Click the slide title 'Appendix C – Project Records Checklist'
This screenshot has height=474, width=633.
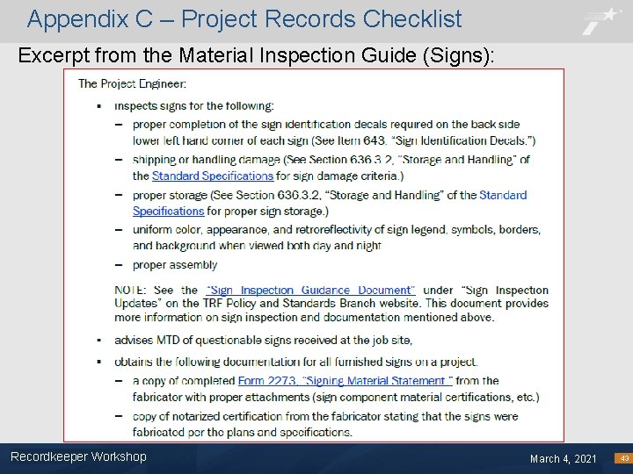pos(244,18)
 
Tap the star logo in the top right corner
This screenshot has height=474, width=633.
pos(602,20)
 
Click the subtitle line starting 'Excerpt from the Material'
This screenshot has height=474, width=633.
pos(256,56)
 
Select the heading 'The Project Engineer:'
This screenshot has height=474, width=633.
pos(132,84)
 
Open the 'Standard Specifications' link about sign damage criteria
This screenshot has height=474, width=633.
pos(212,176)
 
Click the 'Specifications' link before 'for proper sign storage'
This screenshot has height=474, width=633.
pos(169,212)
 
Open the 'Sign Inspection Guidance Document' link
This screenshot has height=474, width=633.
pos(309,291)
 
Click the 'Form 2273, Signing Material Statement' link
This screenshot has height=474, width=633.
pos(345,381)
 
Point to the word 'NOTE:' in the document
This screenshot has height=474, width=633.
pos(132,291)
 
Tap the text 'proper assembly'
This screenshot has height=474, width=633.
pos(175,265)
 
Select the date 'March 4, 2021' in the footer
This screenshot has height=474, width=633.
pos(563,459)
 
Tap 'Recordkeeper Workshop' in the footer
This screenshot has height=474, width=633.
pos(78,456)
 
